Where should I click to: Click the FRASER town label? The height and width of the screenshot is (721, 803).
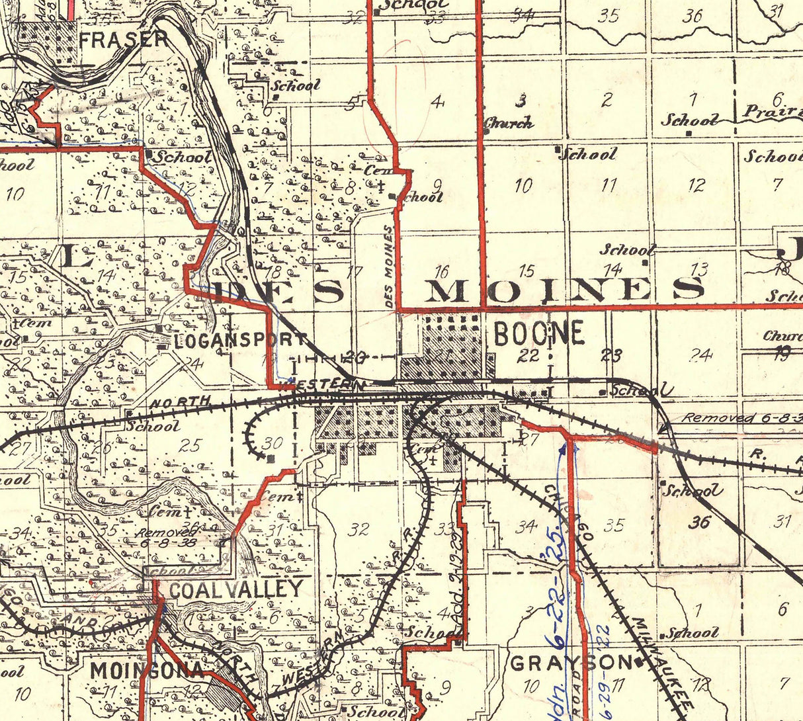pyautogui.click(x=123, y=39)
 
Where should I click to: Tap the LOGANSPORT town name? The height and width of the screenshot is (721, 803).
pyautogui.click(x=241, y=341)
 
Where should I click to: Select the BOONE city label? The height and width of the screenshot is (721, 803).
pyautogui.click(x=539, y=333)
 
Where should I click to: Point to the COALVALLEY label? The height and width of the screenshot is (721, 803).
pyautogui.click(x=236, y=589)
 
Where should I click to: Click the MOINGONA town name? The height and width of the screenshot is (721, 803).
pyautogui.click(x=147, y=670)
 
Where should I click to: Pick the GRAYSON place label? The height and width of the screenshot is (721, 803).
pyautogui.click(x=571, y=662)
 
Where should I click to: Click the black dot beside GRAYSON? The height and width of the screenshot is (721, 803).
pyautogui.click(x=640, y=662)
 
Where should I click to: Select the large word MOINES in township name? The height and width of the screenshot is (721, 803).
pyautogui.click(x=564, y=290)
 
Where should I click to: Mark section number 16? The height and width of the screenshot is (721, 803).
pyautogui.click(x=441, y=271)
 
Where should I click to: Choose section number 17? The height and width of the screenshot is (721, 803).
pyautogui.click(x=355, y=271)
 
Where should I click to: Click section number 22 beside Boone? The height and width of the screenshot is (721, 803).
pyautogui.click(x=528, y=356)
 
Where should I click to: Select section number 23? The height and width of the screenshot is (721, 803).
pyautogui.click(x=611, y=355)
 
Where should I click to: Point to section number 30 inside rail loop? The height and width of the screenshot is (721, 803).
pyautogui.click(x=272, y=443)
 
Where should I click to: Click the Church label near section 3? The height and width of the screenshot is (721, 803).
pyautogui.click(x=508, y=123)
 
